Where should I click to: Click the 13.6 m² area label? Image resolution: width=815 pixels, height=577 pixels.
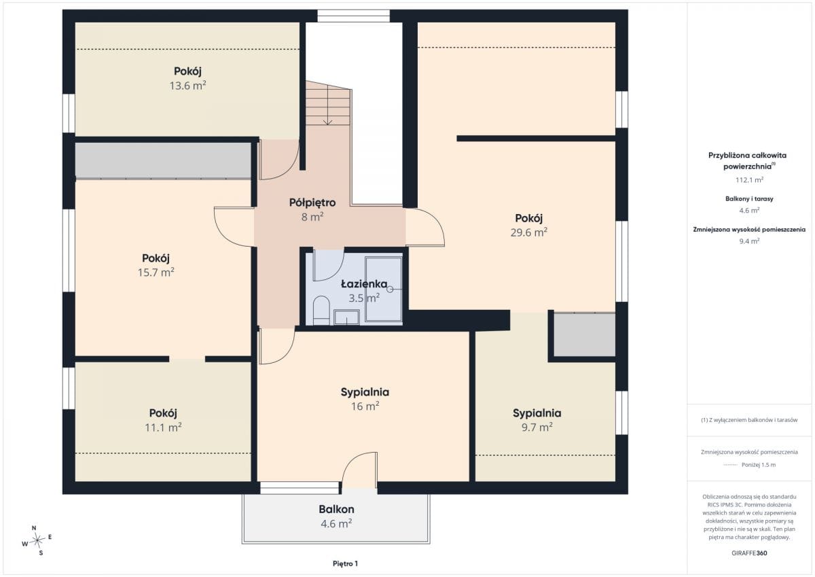(x=187, y=86)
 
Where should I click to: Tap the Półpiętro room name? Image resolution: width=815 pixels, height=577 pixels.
(x=312, y=203)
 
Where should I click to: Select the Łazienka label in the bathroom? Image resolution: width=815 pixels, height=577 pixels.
(x=364, y=284)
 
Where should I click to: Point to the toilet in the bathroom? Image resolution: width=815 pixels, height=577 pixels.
(x=321, y=310)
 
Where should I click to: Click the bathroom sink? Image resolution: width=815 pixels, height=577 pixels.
(x=347, y=317)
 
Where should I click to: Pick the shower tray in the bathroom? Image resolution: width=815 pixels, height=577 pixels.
(x=384, y=289)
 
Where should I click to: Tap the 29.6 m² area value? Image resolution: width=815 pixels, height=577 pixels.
(x=528, y=232)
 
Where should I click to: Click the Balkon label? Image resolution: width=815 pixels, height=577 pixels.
(x=336, y=509)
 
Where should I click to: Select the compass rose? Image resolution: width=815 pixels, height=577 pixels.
(x=37, y=540)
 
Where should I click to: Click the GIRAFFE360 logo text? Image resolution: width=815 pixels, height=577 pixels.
(x=749, y=553)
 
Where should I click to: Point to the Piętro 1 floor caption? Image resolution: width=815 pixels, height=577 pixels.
(x=345, y=563)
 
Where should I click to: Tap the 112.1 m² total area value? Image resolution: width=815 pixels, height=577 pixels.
(x=749, y=180)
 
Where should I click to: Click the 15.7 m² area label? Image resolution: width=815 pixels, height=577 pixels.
(x=156, y=273)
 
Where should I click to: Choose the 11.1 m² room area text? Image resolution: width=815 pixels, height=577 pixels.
(x=163, y=427)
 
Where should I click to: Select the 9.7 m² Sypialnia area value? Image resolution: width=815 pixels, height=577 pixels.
(x=537, y=427)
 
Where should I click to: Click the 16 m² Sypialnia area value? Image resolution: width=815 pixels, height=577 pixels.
(x=365, y=406)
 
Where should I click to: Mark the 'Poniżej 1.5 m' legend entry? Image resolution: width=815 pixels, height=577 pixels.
(x=758, y=465)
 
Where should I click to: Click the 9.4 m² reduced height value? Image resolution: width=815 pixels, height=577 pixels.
(x=749, y=241)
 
